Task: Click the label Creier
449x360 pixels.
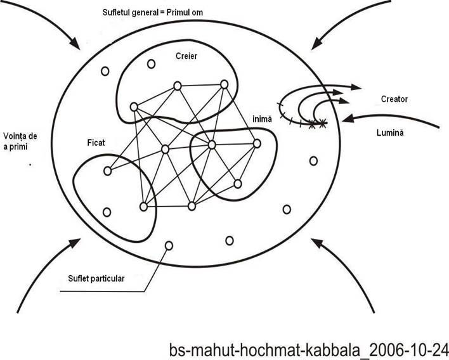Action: click(186, 56)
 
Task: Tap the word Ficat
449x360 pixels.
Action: click(96, 143)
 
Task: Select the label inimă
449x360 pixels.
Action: click(262, 119)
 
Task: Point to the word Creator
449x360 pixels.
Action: click(394, 99)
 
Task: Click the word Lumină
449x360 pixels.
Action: click(390, 132)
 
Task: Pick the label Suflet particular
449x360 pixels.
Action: click(96, 278)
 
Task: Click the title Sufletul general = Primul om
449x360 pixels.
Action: click(153, 13)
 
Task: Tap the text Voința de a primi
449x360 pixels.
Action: click(20, 141)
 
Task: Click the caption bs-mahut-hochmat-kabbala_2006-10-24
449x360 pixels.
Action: click(309, 350)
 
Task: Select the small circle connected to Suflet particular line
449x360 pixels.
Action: click(169, 245)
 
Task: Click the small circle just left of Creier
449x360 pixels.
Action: click(151, 64)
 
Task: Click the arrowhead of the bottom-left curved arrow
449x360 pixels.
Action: click(75, 243)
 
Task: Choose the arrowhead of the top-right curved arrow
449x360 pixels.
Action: click(317, 44)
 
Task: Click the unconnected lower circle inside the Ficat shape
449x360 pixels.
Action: click(107, 212)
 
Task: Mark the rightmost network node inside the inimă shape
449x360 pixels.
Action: click(257, 143)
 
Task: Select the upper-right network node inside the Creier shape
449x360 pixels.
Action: click(224, 84)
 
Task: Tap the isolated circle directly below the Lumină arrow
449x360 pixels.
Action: click(313, 161)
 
